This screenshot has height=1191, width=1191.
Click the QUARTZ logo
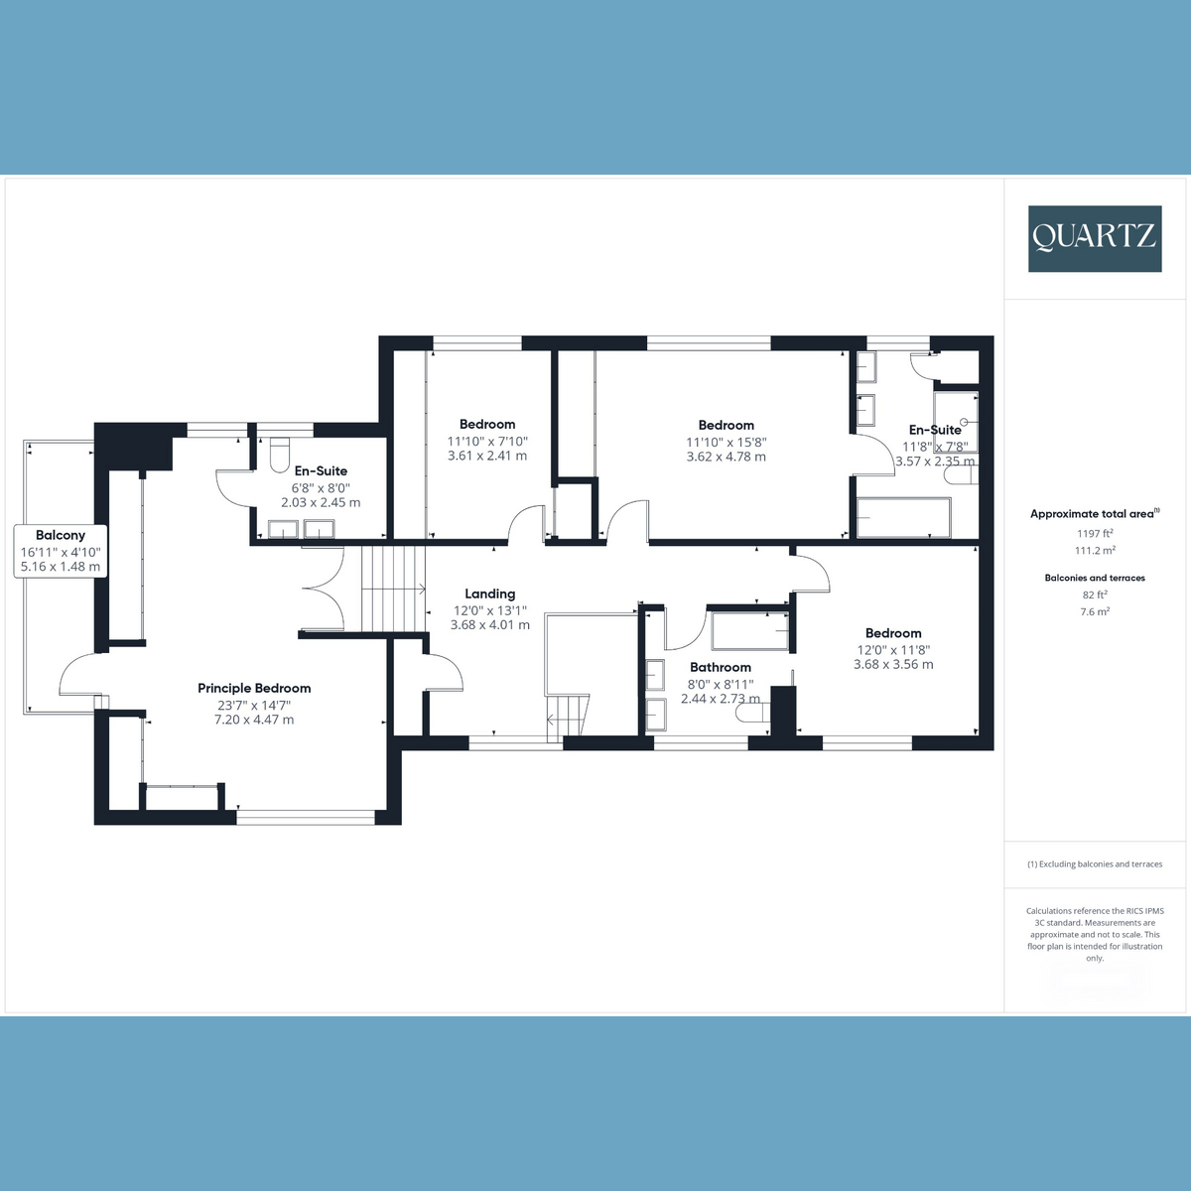(1095, 238)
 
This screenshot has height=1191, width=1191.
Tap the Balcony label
(61, 536)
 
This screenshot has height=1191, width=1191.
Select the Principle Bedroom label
(254, 688)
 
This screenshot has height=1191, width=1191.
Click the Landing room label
(490, 595)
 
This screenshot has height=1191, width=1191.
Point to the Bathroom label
(721, 668)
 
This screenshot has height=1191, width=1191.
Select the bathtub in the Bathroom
(750, 631)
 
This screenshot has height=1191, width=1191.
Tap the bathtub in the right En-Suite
(903, 517)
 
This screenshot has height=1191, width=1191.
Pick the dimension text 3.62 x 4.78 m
(727, 458)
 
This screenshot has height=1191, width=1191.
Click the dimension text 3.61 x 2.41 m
(487, 457)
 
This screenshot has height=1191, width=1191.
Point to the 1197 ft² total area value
(1095, 533)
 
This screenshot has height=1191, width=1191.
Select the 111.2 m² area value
(1095, 550)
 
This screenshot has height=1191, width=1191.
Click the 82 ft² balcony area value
(1095, 595)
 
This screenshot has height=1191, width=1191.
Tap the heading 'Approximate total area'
(1092, 514)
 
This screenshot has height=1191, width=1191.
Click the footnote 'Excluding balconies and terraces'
(1095, 864)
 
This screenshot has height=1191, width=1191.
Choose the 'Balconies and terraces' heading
(1095, 578)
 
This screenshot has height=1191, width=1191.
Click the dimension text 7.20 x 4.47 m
(254, 720)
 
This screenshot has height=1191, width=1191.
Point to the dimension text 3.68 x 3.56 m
(893, 665)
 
